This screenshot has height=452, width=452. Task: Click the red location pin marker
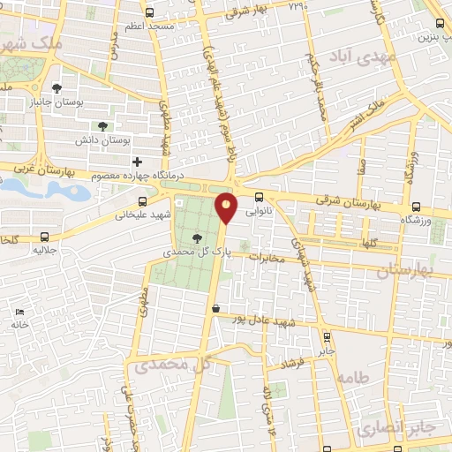pyautogui.click(x=227, y=208)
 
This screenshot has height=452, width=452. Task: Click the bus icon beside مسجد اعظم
pyautogui.click(x=148, y=12)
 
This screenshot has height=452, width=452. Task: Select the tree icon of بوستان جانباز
pyautogui.click(x=57, y=88)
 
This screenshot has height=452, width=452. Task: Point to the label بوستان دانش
pyautogui.click(x=124, y=140)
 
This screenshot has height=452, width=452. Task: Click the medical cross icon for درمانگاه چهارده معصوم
pyautogui.click(x=137, y=162)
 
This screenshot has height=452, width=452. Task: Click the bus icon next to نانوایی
pyautogui.click(x=259, y=198)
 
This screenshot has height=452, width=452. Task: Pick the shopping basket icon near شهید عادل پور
pyautogui.click(x=216, y=309)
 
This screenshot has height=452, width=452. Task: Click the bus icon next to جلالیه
pyautogui.click(x=44, y=237)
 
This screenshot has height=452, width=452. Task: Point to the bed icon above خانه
pyautogui.click(x=19, y=312)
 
